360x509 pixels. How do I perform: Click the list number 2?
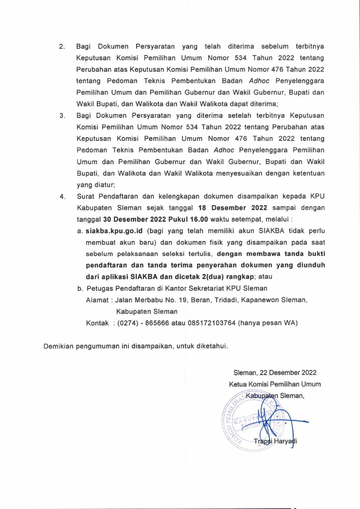pos(62,47)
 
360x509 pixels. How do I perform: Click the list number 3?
pos(62,116)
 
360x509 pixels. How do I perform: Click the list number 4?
pos(63,197)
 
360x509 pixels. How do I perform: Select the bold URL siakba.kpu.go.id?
pos(114,231)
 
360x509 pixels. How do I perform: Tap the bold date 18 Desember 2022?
pos(232,208)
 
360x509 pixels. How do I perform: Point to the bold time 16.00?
pos(199,219)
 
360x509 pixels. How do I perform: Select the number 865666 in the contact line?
pos(157,323)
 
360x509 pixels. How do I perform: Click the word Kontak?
pos(97,323)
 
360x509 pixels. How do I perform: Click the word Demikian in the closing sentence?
pos(59,346)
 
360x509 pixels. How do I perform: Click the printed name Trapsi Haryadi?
pos(275,441)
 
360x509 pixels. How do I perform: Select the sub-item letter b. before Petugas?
pos(80,289)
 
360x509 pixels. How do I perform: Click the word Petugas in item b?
pos(100,289)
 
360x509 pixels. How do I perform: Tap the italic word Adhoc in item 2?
pos(259,81)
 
